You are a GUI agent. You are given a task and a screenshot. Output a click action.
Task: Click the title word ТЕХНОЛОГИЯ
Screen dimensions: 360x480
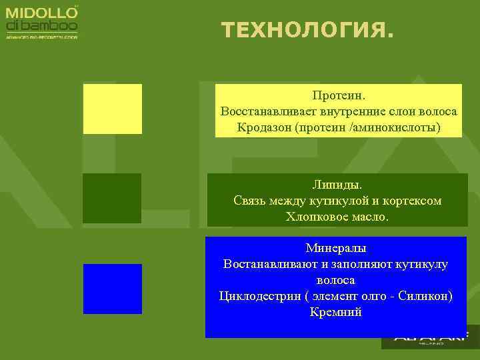point(307,30)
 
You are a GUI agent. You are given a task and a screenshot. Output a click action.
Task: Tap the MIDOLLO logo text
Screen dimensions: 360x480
point(41,13)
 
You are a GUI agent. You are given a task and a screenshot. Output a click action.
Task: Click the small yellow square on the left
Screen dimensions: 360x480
point(112,109)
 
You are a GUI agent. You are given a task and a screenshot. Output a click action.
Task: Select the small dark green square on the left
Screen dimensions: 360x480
point(112,198)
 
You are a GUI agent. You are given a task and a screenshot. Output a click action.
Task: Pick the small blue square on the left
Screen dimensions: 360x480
point(112,289)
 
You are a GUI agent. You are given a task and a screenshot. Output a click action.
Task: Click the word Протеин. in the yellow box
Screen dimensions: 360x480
point(339,97)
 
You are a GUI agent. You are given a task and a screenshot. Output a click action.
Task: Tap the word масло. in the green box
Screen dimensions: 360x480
point(369,216)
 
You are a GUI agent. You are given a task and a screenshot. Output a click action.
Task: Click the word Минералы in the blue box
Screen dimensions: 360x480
point(336,248)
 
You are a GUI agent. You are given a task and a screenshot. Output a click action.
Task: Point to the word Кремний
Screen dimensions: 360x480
point(336,312)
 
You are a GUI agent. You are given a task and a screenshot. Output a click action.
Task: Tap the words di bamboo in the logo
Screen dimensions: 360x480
point(41,26)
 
